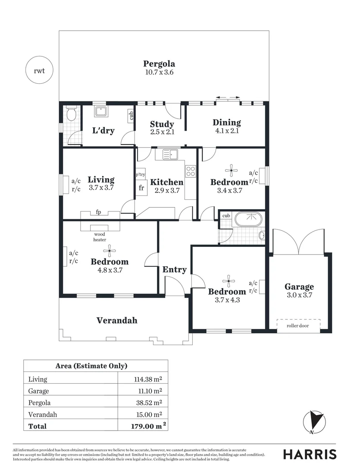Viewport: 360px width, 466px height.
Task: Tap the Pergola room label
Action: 159,64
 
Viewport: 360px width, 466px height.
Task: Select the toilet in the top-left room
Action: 72,115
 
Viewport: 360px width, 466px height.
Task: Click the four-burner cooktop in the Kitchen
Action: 191,171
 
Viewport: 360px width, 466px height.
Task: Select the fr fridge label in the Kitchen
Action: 141,188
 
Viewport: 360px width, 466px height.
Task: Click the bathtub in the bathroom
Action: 247,219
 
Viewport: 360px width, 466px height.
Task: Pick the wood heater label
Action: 100,237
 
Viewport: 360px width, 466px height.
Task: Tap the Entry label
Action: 174,270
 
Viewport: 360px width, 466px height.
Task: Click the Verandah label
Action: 116,320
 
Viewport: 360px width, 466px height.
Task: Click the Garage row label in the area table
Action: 38,391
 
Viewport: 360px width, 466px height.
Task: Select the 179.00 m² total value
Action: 146,426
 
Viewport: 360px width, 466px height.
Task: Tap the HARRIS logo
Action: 310,454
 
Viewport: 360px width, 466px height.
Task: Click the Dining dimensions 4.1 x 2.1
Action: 226,131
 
